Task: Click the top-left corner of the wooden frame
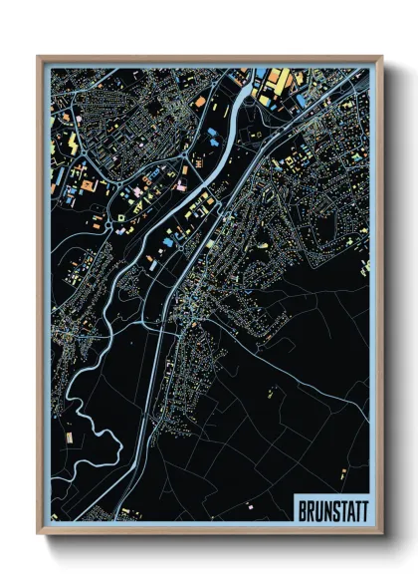tap(39, 57)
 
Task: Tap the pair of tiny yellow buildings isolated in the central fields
tap(271, 394)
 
